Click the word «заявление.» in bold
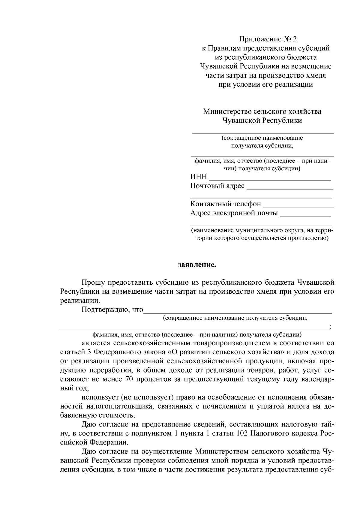[197, 265]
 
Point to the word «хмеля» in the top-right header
[315, 75]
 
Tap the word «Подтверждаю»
[105, 309]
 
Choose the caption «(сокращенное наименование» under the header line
[262, 138]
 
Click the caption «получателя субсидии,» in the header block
[262, 146]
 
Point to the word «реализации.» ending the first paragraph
[79, 300]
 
